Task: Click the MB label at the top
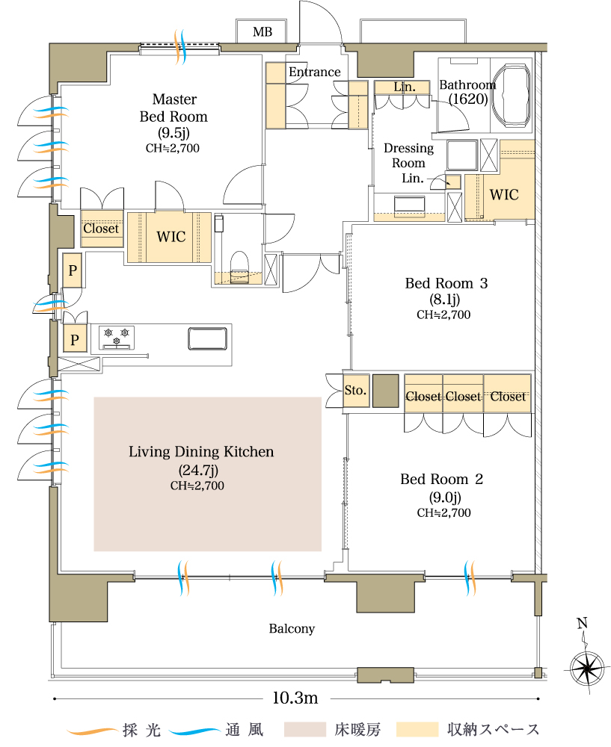tap(262, 32)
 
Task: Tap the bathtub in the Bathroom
tap(512, 95)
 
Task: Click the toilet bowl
tap(239, 266)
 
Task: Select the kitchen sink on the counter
tap(207, 338)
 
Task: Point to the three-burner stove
tap(117, 338)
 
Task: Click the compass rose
tap(586, 669)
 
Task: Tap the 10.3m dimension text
tap(295, 698)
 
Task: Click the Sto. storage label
tap(355, 390)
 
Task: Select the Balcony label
tap(292, 629)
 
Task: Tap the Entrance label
tap(315, 72)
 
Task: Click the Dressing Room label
tap(408, 155)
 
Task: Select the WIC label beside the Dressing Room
tap(504, 194)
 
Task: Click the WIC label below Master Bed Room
tap(171, 237)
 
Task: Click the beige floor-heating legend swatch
tap(305, 729)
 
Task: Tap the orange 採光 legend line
tap(93, 731)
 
